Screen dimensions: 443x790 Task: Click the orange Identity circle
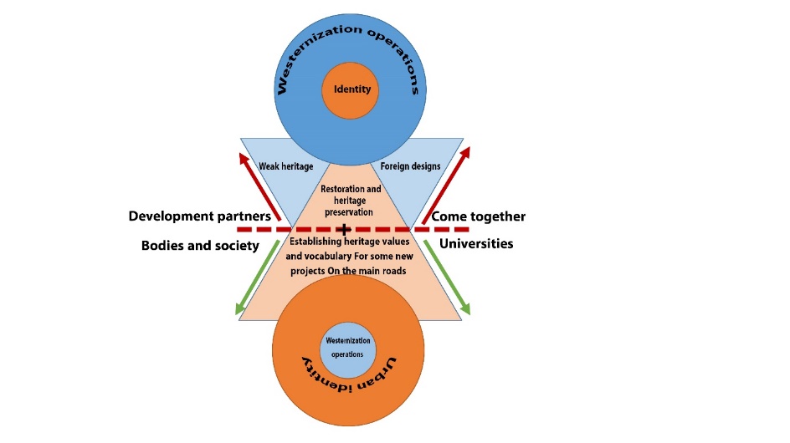pos(351,89)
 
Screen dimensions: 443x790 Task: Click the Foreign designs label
pos(410,167)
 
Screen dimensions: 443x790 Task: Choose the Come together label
pos(479,216)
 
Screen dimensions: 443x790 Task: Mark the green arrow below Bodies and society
pos(259,277)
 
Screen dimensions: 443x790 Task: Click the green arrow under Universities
pos(448,277)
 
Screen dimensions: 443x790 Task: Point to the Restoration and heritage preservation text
pos(351,201)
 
